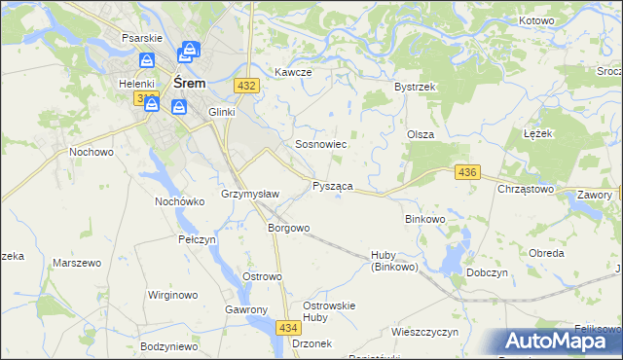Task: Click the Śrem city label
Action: pyautogui.click(x=189, y=84)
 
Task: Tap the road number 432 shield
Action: pyautogui.click(x=246, y=86)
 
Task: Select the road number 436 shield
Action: pyautogui.click(x=466, y=172)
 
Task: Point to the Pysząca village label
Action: pyautogui.click(x=332, y=186)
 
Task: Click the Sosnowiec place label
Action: pyautogui.click(x=321, y=144)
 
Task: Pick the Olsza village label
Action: pyautogui.click(x=420, y=134)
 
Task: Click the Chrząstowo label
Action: pyautogui.click(x=526, y=189)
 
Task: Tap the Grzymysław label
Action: pyautogui.click(x=251, y=194)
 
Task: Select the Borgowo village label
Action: pyautogui.click(x=289, y=229)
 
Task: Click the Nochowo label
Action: pyautogui.click(x=92, y=153)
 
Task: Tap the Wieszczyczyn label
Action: pyautogui.click(x=424, y=332)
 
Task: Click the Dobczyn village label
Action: pyautogui.click(x=489, y=272)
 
